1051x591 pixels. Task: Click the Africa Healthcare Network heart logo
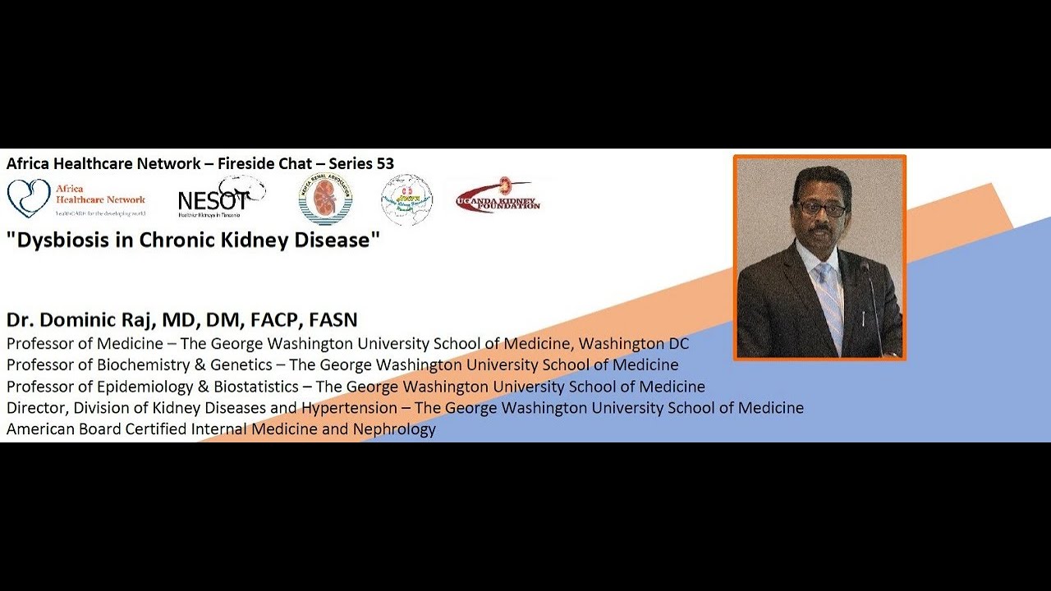(29, 199)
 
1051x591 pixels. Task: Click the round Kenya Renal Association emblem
(325, 199)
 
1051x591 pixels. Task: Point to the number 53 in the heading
(385, 163)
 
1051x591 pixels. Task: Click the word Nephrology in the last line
(394, 428)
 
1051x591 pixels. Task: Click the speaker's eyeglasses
(820, 208)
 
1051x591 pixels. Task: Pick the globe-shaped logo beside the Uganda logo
(406, 199)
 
